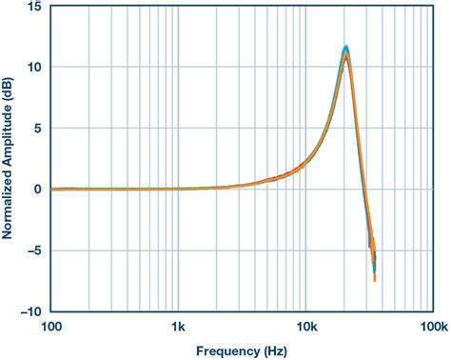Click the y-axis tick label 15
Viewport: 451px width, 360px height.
click(x=34, y=7)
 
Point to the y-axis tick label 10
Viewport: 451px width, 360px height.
click(x=34, y=68)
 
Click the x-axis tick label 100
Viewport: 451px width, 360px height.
click(x=51, y=327)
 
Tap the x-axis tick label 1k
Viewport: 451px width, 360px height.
click(x=179, y=327)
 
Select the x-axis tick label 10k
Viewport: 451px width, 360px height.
click(x=306, y=327)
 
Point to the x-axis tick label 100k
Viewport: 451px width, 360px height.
click(x=432, y=327)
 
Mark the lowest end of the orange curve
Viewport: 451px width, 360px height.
click(x=375, y=280)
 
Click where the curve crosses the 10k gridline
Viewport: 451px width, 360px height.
click(x=306, y=163)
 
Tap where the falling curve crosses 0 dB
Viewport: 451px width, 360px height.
click(x=363, y=190)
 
